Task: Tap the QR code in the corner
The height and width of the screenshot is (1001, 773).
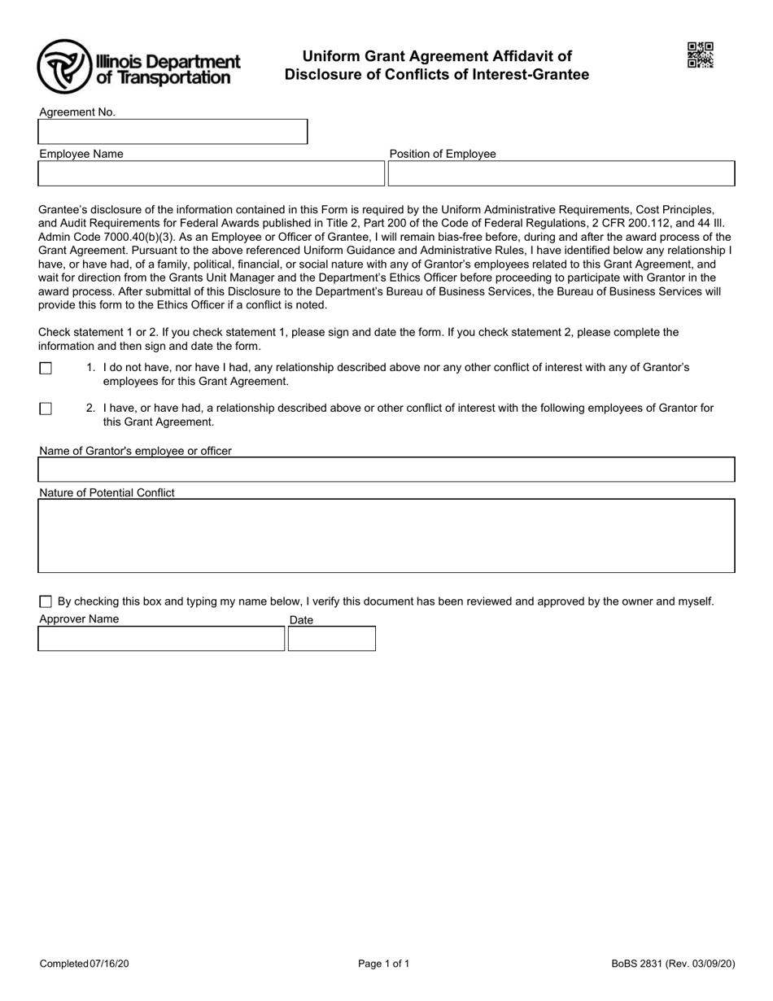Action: (701, 55)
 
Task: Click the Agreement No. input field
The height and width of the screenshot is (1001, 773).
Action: (173, 132)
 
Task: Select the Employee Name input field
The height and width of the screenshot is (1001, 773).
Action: (211, 173)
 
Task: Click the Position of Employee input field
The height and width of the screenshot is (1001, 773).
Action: (561, 173)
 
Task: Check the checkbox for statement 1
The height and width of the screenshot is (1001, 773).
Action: (46, 369)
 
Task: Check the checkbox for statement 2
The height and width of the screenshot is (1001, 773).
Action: (46, 409)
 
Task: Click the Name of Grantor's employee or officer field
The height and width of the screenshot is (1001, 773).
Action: (386, 470)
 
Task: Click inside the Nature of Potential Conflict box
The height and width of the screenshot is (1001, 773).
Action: (386, 535)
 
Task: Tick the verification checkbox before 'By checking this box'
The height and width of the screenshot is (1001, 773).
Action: (46, 602)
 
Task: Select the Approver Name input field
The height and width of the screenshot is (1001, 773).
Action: (161, 639)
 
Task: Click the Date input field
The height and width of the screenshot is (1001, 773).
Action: (332, 639)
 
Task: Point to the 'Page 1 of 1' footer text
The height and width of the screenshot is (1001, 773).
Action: (384, 964)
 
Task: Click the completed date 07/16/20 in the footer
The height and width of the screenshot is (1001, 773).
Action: (109, 964)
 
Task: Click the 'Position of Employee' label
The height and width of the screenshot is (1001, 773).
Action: (443, 154)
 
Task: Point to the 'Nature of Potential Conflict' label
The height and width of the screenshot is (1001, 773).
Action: (107, 492)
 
